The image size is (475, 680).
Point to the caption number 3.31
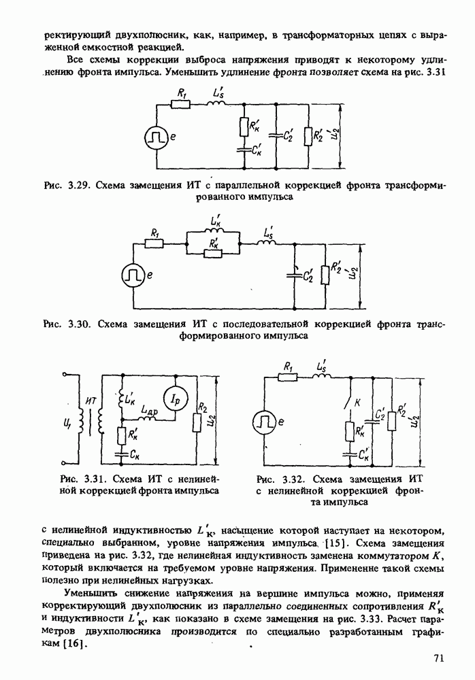click(88, 478)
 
